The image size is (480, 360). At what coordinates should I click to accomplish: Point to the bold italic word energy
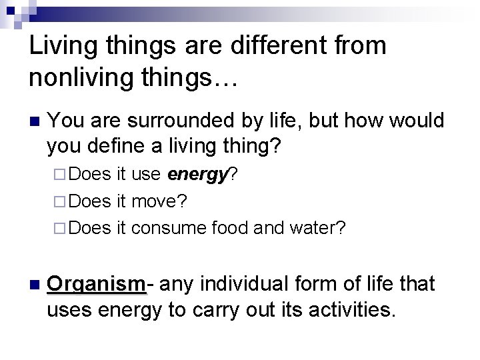point(198,175)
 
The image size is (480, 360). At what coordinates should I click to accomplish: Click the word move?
point(159,201)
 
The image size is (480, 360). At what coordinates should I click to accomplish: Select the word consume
point(169,227)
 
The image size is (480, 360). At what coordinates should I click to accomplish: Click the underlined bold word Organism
point(96,284)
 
